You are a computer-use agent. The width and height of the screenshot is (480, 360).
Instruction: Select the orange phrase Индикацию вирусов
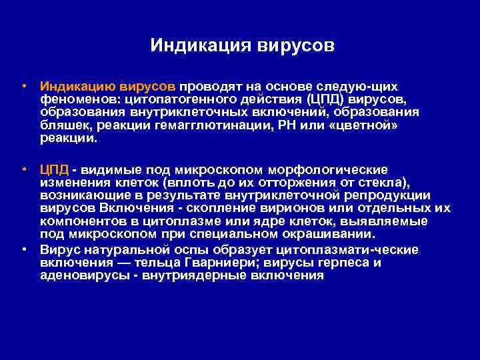pos(117,87)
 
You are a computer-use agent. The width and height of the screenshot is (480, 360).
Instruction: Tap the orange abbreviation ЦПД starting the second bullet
pos(54,170)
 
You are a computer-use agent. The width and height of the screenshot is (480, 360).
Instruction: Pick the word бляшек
pos(62,126)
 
